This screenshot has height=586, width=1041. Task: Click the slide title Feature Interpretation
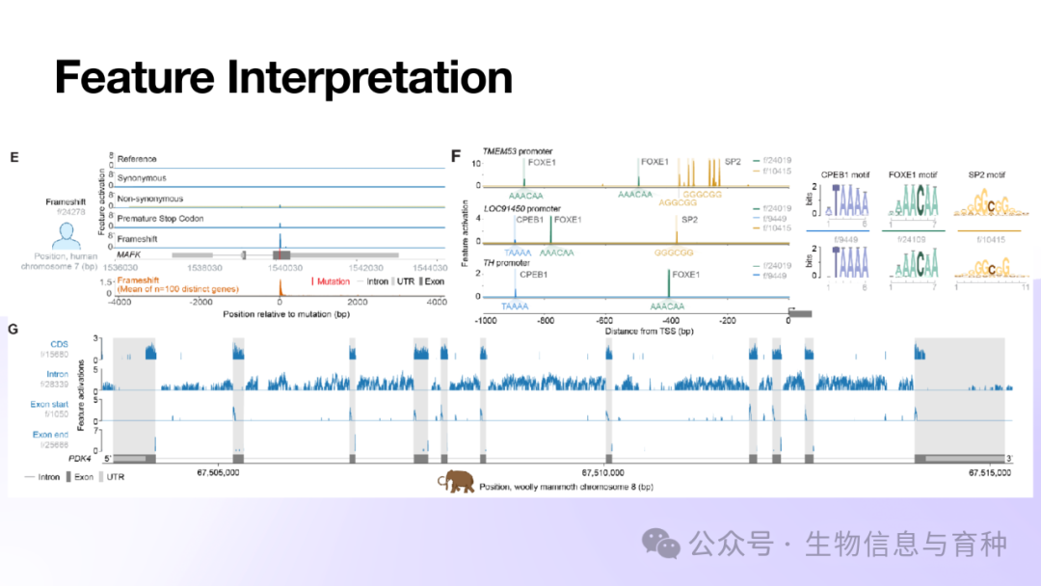pos(282,78)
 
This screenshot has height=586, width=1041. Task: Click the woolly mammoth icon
pos(457,480)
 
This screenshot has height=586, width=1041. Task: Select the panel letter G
pos(13,330)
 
